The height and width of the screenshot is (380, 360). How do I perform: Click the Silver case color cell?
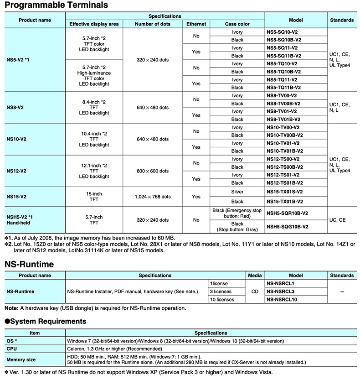click(x=237, y=192)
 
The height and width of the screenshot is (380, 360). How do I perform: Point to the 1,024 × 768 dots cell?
click(x=153, y=197)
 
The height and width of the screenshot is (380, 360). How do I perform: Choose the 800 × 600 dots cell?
click(x=153, y=171)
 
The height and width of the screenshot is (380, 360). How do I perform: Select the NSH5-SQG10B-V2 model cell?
click(x=287, y=227)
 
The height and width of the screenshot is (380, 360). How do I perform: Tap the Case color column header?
click(x=237, y=24)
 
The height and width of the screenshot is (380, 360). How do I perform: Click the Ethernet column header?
click(x=196, y=24)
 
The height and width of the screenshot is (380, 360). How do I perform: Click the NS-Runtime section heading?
click(x=29, y=264)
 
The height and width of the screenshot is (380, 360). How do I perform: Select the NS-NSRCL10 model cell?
click(x=282, y=300)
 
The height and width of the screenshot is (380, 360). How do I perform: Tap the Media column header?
click(x=255, y=276)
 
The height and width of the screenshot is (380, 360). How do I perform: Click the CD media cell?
click(x=255, y=292)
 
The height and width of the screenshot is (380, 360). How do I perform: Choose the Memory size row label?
click(x=21, y=359)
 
